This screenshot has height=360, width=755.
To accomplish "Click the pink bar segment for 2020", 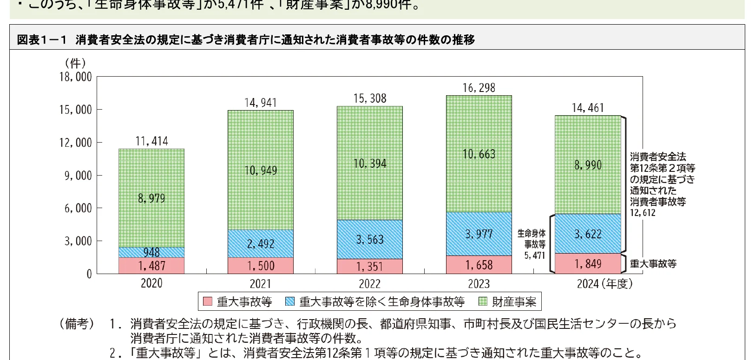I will click(x=151, y=266).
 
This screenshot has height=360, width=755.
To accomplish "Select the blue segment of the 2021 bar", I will click(x=261, y=244).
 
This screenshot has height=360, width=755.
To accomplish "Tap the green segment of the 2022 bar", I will click(x=370, y=163).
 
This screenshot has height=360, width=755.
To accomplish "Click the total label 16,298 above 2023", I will click(x=479, y=88).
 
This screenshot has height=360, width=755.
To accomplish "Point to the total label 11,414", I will click(x=151, y=141).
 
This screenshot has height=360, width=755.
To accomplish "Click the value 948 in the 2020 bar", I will click(x=151, y=252).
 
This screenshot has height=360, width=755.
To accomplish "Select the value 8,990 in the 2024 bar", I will click(x=588, y=165).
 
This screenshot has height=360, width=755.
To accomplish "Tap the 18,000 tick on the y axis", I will click(x=76, y=77).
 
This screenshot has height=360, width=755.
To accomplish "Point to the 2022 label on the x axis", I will click(x=370, y=284).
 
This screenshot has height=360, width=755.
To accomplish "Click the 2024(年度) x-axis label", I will click(x=604, y=284).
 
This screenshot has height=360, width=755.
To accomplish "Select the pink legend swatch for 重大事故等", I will click(x=207, y=301).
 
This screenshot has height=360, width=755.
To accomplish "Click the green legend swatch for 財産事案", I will click(x=483, y=301).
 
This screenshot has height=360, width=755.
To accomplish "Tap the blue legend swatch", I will click(x=290, y=301).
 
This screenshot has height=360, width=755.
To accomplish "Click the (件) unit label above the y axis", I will click(x=75, y=63).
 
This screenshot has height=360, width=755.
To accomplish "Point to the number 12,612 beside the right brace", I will click(x=643, y=213).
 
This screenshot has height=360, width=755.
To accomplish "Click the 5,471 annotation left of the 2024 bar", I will click(x=535, y=255).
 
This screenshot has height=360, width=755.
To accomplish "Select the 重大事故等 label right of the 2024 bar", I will click(x=653, y=264).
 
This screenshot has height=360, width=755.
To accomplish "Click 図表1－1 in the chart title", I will click(x=42, y=40).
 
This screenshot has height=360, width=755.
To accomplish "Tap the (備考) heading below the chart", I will click(x=77, y=324).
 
